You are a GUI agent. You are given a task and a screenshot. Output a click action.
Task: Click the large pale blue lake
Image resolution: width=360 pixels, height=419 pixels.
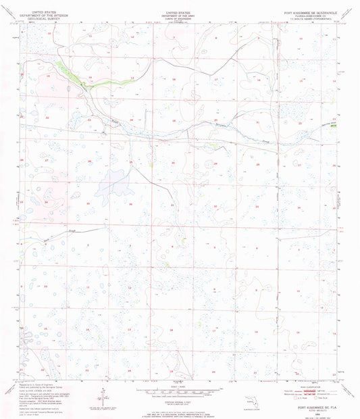click(x=111, y=183)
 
